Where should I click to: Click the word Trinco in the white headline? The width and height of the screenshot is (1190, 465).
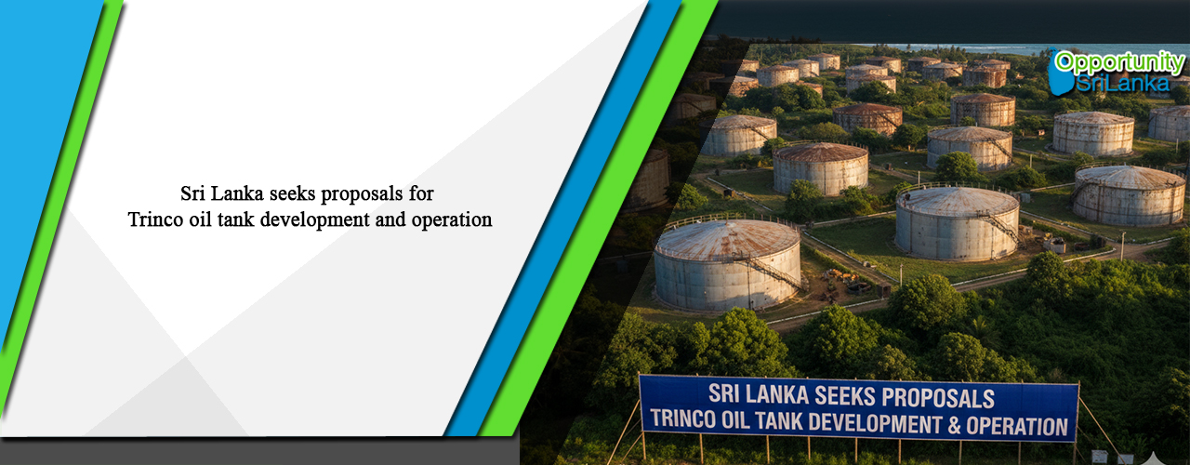tap(152, 220)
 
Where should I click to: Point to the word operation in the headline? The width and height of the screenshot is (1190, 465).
tap(456, 220)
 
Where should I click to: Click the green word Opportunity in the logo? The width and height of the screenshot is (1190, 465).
tap(1119, 63)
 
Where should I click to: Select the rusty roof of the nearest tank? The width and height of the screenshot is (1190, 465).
tap(725, 238)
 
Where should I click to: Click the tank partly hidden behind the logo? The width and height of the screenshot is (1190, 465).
tap(1170, 121)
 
